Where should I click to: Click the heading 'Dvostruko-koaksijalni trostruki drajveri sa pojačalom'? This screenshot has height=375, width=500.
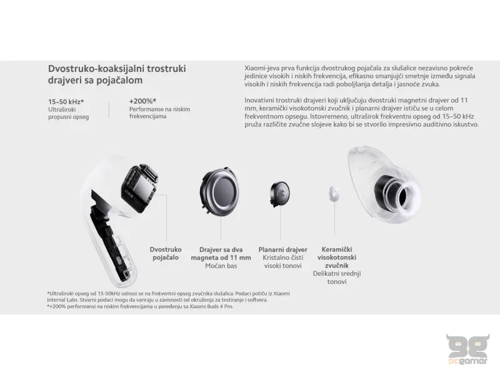pos(117,74)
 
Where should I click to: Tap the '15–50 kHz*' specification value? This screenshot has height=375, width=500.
pos(66,101)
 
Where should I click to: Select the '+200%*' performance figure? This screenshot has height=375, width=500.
pos(142,101)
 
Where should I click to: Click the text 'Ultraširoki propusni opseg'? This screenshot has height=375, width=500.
pos(69,113)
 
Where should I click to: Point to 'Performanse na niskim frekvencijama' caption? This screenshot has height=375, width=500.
pos(159,113)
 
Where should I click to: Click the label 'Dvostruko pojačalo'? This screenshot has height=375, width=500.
pos(166,253)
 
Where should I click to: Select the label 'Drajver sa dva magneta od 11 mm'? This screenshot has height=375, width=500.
pos(225,253)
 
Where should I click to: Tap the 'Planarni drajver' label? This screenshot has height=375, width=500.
pos(283,249)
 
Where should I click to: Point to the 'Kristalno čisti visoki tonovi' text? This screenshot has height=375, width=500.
pos(283,262)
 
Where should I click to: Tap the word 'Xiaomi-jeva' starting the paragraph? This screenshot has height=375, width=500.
pos(260,67)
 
